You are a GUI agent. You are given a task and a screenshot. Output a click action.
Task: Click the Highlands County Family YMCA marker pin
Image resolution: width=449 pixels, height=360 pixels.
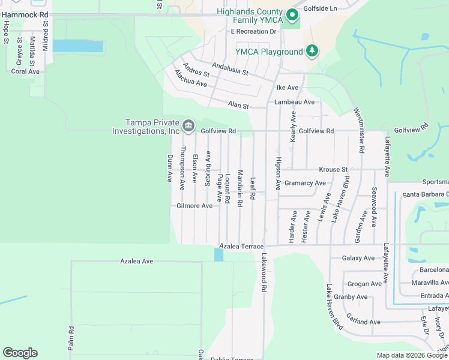[292, 15]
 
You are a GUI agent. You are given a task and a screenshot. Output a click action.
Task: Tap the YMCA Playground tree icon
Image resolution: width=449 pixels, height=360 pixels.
[312, 51]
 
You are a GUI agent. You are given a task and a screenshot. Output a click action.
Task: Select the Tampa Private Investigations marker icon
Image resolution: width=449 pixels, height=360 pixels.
[188, 125]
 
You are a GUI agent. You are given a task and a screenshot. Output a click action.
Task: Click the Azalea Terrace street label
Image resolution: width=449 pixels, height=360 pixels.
[241, 247]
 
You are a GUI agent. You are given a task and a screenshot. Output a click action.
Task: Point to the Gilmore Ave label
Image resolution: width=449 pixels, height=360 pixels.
[194, 206]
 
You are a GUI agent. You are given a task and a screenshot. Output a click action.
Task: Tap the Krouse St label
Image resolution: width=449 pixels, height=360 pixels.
[333, 170]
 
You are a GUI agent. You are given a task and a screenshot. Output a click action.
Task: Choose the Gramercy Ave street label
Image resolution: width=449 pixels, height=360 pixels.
[305, 183]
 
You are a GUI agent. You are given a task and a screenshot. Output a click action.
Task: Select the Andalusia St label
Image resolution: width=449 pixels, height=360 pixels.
[229, 68]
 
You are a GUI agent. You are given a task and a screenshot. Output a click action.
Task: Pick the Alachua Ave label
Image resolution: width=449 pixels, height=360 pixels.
[190, 79]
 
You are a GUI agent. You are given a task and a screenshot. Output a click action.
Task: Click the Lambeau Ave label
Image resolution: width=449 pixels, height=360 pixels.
[294, 102]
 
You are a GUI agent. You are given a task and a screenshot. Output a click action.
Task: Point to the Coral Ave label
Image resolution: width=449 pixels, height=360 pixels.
[25, 71]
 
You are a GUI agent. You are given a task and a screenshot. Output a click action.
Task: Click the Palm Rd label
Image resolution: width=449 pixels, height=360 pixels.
[71, 338]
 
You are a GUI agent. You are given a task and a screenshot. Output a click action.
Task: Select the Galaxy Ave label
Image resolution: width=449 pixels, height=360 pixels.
[358, 258]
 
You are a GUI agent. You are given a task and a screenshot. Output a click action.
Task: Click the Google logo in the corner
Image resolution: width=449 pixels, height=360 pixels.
[20, 353]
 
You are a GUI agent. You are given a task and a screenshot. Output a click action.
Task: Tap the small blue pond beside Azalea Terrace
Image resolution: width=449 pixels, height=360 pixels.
[218, 255]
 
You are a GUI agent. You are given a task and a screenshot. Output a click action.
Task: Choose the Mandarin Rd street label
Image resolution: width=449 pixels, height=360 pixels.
[240, 188]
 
